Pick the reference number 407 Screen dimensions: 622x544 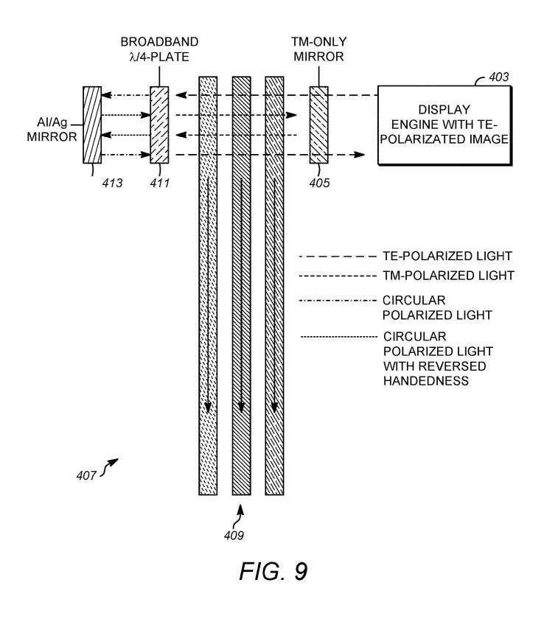(x=86, y=475)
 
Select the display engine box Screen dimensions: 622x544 (x=446, y=125)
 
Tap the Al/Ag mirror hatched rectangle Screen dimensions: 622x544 (x=92, y=125)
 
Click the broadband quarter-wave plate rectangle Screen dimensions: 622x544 (x=159, y=125)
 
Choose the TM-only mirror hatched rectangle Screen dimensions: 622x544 (x=318, y=125)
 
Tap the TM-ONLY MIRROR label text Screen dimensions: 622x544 (x=318, y=49)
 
